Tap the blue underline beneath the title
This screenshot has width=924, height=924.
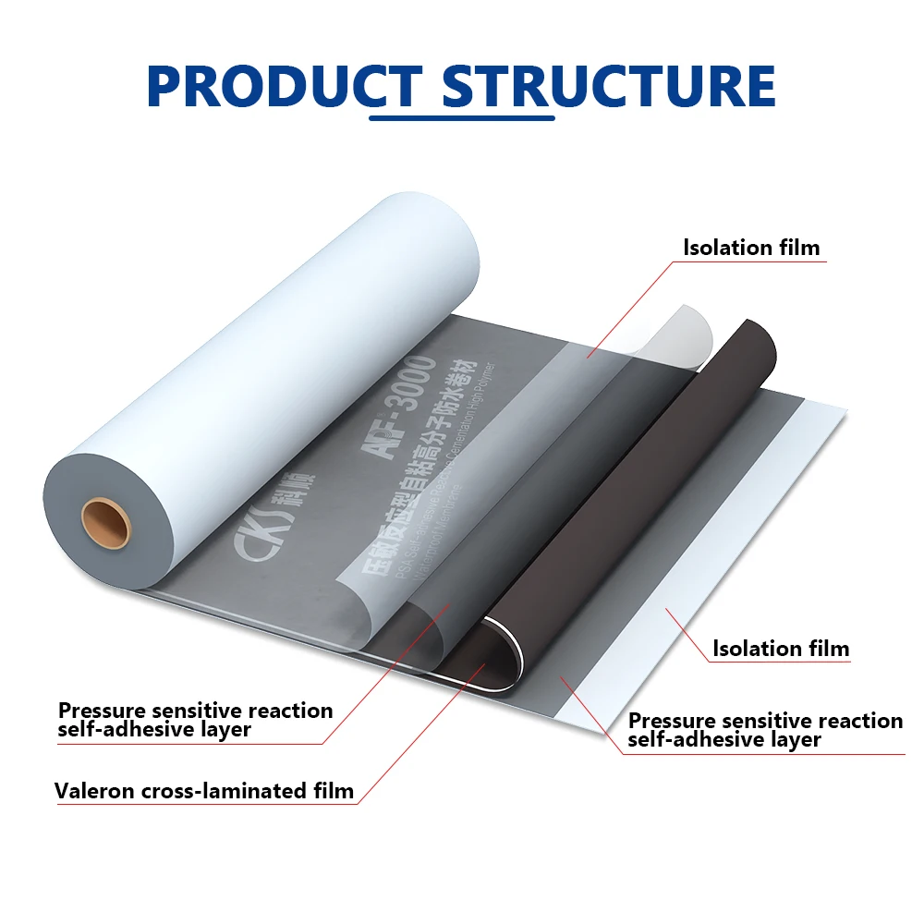tap(462, 118)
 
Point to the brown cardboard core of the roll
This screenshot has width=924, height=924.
tap(105, 522)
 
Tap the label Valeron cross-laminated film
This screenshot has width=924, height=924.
tap(204, 791)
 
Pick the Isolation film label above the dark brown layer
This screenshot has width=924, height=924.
tap(751, 248)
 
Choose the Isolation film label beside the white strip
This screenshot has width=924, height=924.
tap(781, 649)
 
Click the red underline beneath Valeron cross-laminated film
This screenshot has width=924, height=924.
tap(204, 804)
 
